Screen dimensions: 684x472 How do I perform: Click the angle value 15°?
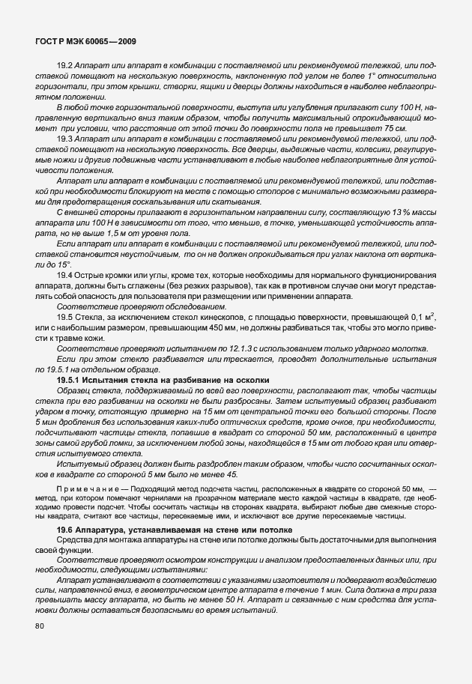coord(62,266)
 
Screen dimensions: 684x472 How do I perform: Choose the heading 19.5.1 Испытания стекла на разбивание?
coord(158,381)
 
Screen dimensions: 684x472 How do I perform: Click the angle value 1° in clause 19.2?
coord(357,78)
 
